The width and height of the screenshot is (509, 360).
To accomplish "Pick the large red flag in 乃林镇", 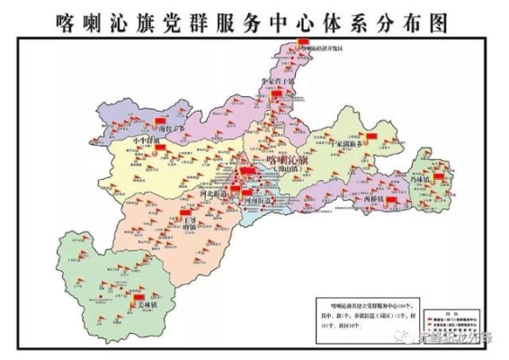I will (x=439, y=177).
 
